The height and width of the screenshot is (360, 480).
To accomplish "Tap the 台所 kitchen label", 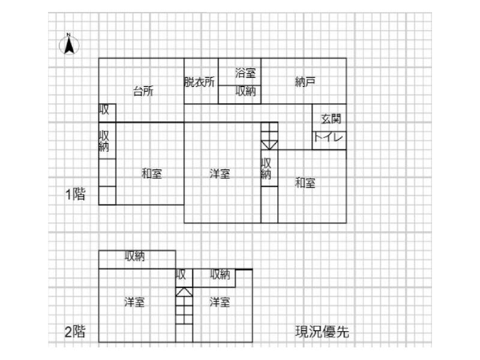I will coord(143,92).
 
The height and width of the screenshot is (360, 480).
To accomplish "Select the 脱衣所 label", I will coord(199,82).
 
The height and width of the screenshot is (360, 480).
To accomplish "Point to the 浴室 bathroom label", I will coord(245,73).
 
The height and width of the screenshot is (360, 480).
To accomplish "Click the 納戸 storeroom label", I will coord(305,82).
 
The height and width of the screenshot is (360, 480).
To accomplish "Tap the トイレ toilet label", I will coord(329,138).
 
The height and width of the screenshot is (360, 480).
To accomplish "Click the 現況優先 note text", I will coord(322,331).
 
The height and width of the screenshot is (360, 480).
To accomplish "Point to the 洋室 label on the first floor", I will coord(220,174).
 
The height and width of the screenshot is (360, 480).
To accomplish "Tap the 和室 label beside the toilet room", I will coord(305,183).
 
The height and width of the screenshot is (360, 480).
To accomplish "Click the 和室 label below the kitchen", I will coord(151,174).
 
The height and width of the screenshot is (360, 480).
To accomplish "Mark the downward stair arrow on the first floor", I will coord(269,144).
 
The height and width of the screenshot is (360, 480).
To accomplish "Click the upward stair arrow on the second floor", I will coord(184,292).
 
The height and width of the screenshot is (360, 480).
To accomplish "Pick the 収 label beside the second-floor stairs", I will coord(181,275).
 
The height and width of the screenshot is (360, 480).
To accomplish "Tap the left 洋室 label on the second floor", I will coord(134,302).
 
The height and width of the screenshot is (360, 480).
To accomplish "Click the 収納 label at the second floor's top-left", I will coord(134,256).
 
